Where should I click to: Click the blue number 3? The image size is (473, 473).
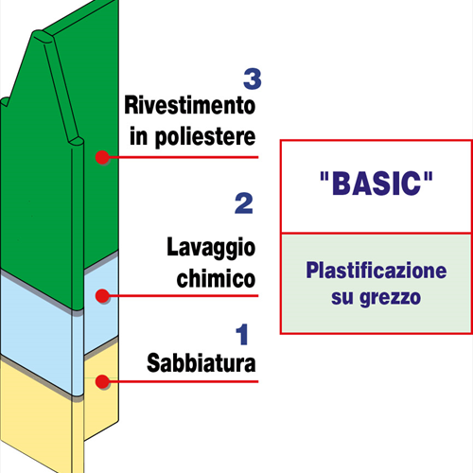pos(253,79)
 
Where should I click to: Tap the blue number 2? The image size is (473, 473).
pos(244,203)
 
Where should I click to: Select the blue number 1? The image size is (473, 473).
pos(242,334)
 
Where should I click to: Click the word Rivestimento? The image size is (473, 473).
pos(190,105)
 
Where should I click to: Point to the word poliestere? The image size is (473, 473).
pos(205,137)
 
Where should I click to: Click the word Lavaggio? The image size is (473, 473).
pos(211,248)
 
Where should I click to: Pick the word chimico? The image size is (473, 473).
pos(216,278)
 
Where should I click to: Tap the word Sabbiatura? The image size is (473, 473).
pos(201,363)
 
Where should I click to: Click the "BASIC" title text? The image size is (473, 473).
pos(377,184)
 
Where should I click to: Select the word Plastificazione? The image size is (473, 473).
pos(377,271)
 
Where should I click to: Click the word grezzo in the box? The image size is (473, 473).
pos(391,298)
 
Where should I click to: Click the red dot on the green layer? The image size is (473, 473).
pos(102,157)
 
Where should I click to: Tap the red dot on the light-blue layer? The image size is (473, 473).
pos(102,296)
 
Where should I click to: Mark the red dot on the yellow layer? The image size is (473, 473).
pos(102,381)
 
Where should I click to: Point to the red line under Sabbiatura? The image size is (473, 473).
pos(184,381)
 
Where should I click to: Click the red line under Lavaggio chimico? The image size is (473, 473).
pos(184,296)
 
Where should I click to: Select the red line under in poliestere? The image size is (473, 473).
pos(184,157)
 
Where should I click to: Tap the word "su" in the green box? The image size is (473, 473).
pos(342,297)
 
